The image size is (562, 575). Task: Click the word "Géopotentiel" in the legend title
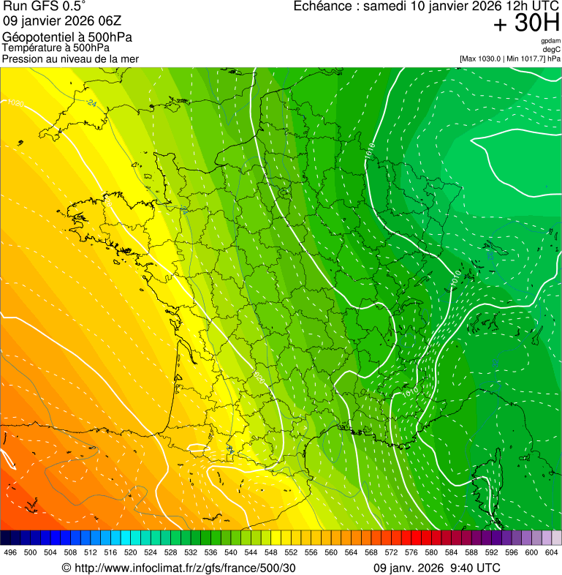(38, 37)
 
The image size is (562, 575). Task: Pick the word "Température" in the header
(30, 48)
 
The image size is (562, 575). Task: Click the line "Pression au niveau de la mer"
(70, 59)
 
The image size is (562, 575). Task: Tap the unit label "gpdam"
(550, 41)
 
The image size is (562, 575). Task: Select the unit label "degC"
(552, 50)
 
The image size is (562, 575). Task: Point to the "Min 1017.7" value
(528, 59)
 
